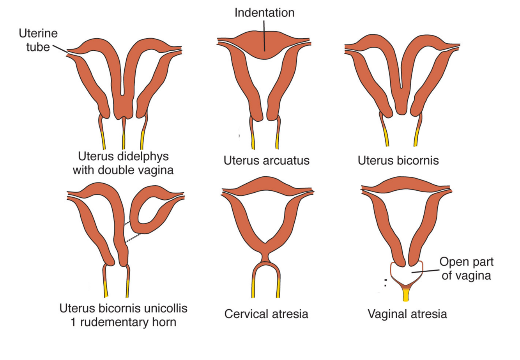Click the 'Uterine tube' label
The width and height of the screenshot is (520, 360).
point(38,40)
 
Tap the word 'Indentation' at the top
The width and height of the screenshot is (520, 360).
point(264,12)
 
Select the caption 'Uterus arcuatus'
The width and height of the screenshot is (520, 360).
point(266,160)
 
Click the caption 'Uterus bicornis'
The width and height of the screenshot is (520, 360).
point(398,160)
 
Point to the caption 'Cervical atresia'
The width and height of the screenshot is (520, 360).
point(266,314)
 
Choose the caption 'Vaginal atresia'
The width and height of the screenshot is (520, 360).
point(407,314)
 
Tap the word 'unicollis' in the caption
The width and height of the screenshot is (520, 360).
point(164,308)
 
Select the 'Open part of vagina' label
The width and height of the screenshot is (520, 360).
point(466,269)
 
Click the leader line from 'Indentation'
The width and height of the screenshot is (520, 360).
point(264,35)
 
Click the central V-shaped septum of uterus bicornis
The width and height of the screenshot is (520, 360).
point(401,94)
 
